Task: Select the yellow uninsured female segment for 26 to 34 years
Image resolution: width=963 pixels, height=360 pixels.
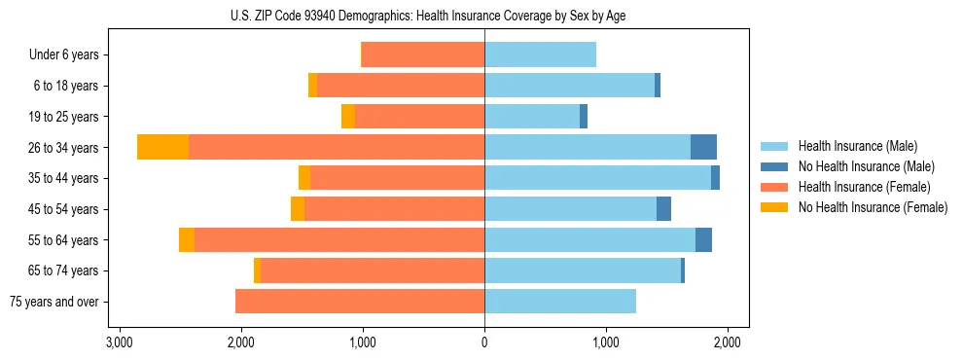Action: (x=162, y=147)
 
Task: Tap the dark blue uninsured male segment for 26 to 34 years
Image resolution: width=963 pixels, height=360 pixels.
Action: (x=703, y=147)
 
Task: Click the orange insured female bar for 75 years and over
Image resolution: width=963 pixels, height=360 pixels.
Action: (x=360, y=302)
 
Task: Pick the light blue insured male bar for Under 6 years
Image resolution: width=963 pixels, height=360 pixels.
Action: (x=540, y=54)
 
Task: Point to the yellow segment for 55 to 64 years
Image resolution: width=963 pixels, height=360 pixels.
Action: (x=187, y=240)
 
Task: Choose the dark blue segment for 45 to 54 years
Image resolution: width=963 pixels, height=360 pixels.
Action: (x=663, y=209)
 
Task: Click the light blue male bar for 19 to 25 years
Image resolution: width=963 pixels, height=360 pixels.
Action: (x=532, y=117)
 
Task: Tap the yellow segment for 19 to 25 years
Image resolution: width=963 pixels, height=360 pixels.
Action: (x=348, y=117)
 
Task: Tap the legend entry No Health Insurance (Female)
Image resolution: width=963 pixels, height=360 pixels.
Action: (x=873, y=207)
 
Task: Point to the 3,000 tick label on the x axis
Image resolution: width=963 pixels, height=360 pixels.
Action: (x=119, y=342)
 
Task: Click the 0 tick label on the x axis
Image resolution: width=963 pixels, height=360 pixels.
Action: (x=484, y=342)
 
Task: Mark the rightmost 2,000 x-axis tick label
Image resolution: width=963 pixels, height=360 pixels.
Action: (x=728, y=342)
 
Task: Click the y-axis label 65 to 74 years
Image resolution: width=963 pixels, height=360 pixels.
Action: (x=64, y=270)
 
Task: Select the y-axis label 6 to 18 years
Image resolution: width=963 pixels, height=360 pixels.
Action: (x=66, y=86)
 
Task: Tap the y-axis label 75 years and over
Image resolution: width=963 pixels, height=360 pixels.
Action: (x=54, y=302)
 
